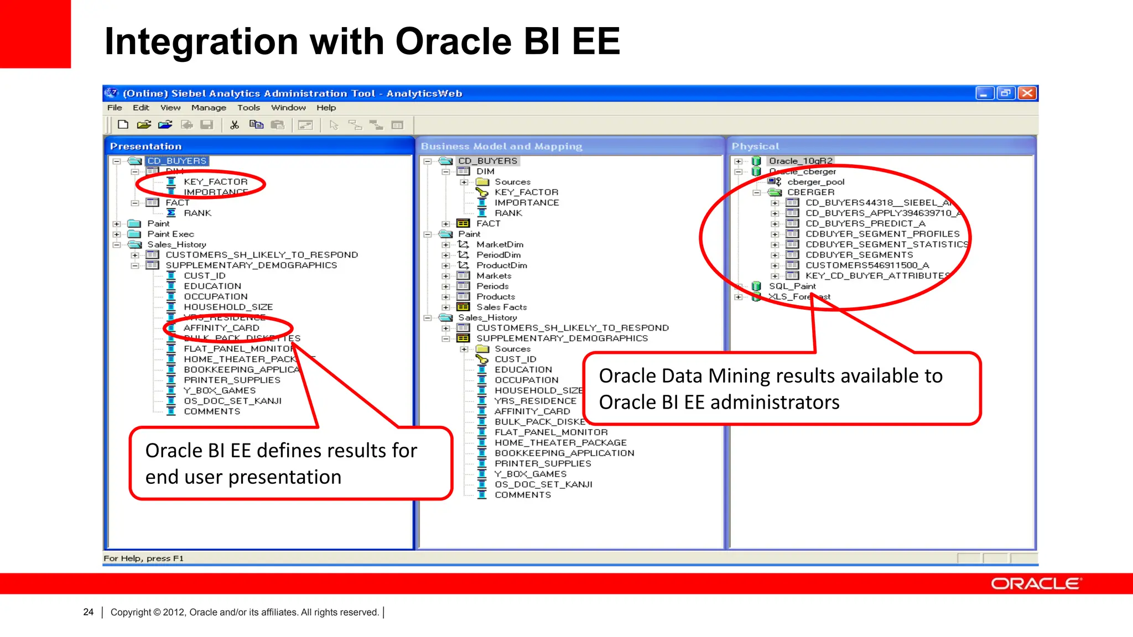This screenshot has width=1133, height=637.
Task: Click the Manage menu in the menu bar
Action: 209,108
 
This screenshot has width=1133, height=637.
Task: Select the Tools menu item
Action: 248,108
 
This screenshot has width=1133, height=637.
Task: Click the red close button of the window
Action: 1027,93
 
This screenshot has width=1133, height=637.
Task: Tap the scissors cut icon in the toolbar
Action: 235,125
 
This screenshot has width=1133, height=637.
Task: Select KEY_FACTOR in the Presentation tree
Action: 215,181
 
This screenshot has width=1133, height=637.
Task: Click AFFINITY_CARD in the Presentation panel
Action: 221,328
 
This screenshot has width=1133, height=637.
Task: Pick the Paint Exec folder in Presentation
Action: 170,234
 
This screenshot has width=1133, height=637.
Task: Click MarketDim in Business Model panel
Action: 500,244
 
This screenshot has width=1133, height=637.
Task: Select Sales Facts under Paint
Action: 501,307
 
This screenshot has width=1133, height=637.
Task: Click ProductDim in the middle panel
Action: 501,265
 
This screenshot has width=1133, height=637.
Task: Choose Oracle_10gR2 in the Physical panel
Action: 800,161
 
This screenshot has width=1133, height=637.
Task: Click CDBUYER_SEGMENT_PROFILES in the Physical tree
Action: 882,234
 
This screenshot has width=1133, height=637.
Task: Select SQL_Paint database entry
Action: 792,286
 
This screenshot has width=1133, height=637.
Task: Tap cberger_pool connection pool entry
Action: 815,182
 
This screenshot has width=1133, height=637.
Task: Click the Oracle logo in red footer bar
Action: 1036,584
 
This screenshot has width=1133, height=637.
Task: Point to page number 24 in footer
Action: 89,612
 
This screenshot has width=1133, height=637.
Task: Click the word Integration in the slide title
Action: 201,41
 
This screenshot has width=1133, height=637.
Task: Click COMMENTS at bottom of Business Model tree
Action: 522,495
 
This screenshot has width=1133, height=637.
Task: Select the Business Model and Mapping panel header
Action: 501,146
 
